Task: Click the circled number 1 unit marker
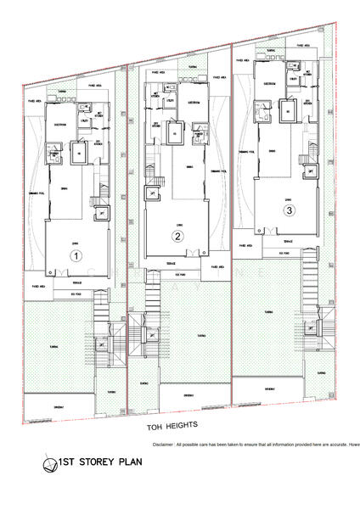click(x=76, y=255)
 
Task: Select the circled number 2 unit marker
click(x=177, y=237)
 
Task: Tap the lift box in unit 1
click(x=103, y=215)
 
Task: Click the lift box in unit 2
click(x=150, y=193)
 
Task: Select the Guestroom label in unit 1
click(x=61, y=121)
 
